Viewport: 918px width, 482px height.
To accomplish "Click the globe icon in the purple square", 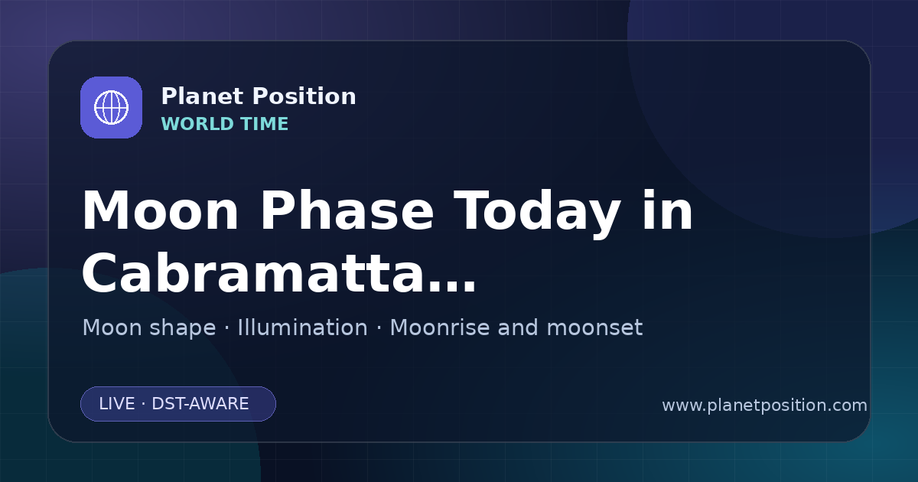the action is click(x=112, y=108).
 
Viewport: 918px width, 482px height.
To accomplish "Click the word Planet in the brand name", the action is click(x=202, y=96).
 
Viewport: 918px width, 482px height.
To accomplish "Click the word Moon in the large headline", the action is click(x=160, y=210).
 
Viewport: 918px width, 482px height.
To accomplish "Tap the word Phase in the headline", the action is click(x=347, y=210).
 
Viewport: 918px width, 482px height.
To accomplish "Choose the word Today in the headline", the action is click(x=537, y=213).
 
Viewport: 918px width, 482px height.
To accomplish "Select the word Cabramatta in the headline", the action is click(x=252, y=272).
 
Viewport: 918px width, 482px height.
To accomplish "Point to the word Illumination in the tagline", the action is click(x=303, y=327).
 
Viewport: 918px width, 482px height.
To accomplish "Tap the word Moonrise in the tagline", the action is click(x=439, y=327).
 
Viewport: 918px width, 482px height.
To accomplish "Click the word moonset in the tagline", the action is click(x=594, y=327).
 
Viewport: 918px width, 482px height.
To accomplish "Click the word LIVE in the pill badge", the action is click(x=117, y=404).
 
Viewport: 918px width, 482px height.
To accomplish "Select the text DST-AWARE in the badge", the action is click(x=200, y=404).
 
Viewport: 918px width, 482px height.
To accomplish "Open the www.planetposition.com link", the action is click(x=765, y=405).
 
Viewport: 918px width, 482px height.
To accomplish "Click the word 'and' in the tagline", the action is click(x=518, y=327).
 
